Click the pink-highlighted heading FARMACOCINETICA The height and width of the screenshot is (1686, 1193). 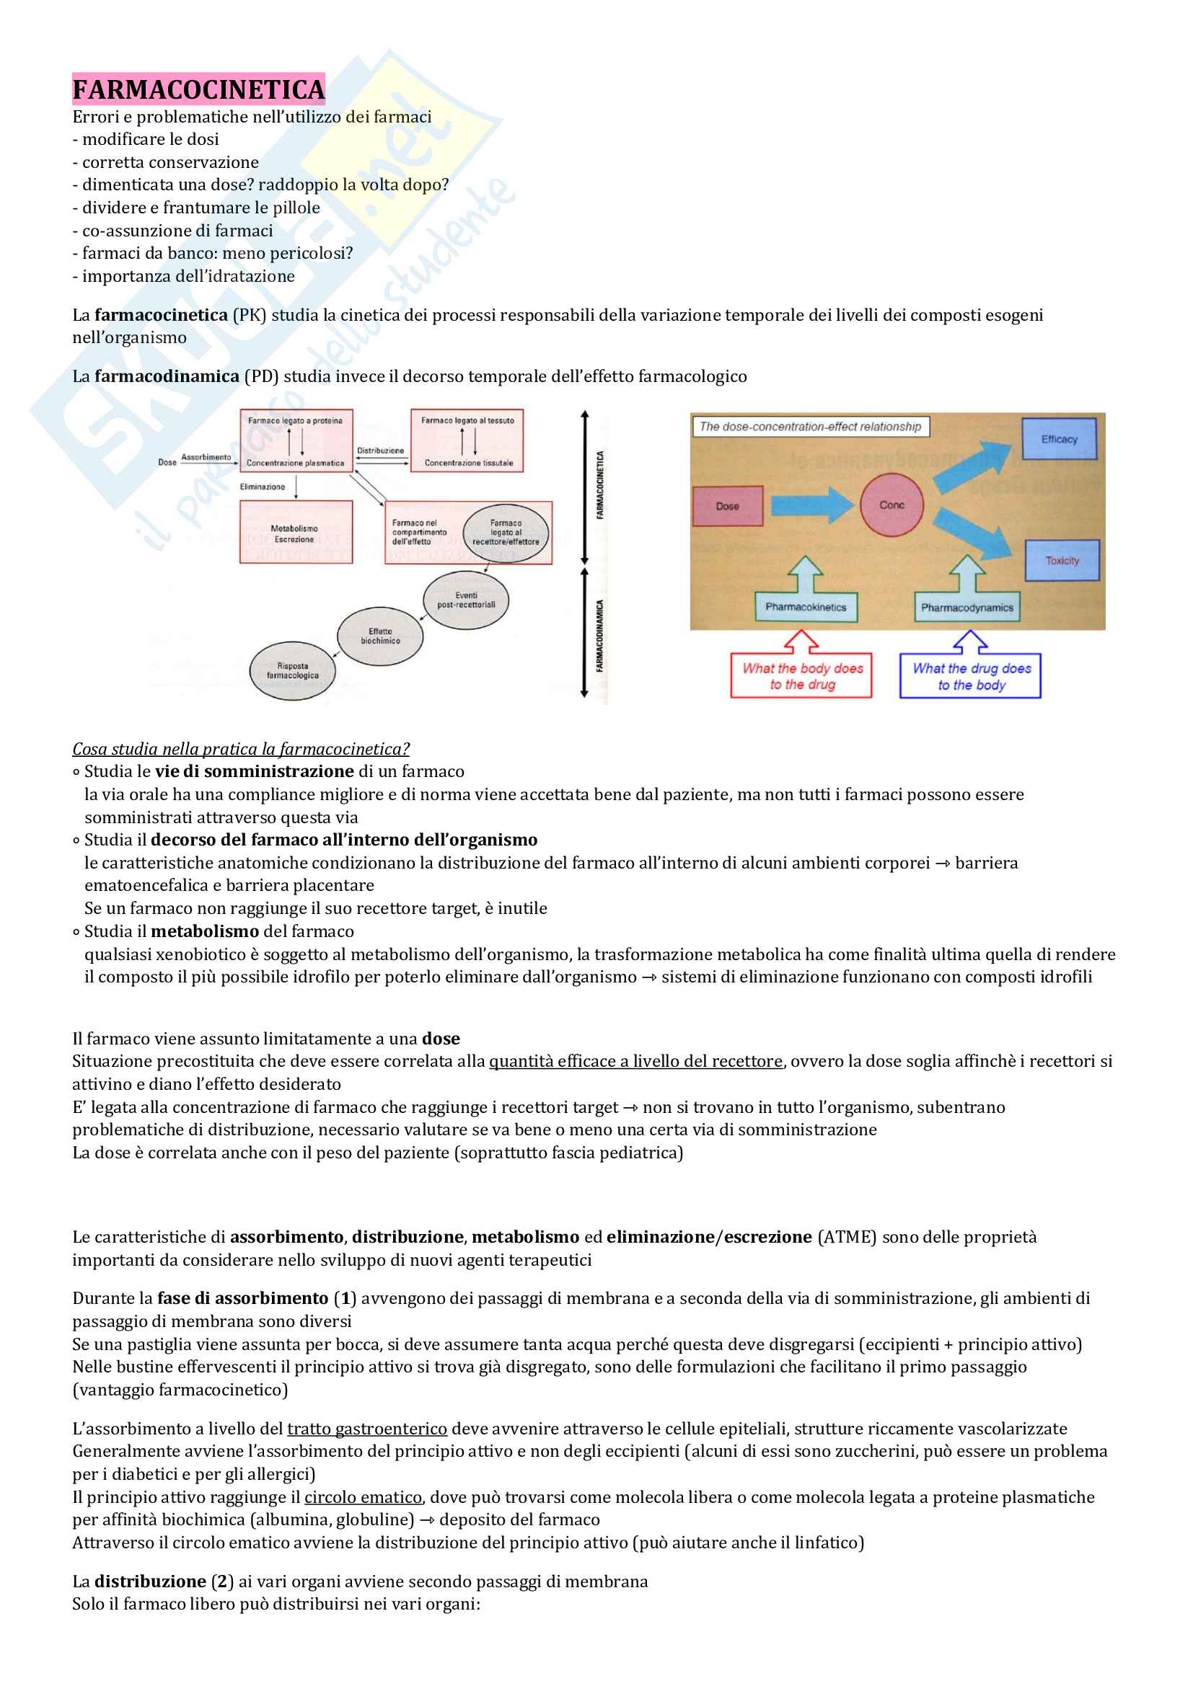198,89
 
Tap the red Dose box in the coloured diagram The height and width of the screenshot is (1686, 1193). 727,506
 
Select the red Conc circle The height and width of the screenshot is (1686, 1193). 892,505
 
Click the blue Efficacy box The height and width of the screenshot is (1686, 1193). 1059,439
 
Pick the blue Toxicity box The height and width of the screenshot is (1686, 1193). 1062,560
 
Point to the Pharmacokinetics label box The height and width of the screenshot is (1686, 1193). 806,607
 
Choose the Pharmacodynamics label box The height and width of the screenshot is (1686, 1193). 967,607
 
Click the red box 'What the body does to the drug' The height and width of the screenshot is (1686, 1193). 801,675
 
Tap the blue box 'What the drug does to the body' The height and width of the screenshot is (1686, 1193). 970,675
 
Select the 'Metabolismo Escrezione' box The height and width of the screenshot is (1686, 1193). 295,533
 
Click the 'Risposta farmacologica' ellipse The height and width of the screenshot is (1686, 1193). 292,671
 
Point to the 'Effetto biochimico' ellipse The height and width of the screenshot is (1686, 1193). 380,636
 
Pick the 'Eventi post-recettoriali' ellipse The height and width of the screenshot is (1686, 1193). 467,600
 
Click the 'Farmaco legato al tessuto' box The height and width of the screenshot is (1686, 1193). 467,440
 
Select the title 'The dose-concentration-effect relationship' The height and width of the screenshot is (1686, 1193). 809,427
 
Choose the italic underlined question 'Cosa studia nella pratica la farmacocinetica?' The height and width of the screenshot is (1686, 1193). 240,748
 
